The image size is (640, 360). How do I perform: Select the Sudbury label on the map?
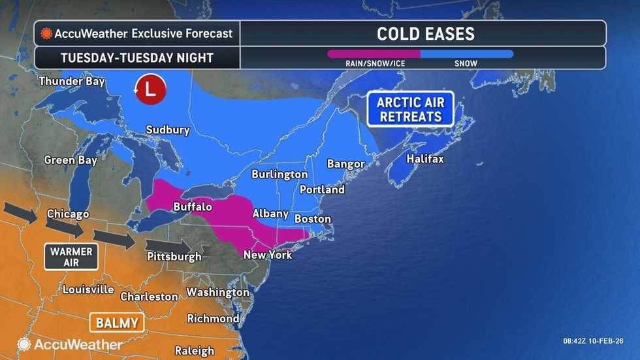[168, 129]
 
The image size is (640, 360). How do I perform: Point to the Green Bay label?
[71, 160]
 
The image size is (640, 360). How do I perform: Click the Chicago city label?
[68, 214]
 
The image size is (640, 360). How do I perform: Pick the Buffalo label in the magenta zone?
[192, 206]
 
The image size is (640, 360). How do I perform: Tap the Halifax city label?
[424, 159]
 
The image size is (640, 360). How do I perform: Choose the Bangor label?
[345, 163]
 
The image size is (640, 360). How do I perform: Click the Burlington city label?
[280, 174]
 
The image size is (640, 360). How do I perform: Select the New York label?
[268, 254]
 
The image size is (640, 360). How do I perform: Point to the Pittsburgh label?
[174, 256]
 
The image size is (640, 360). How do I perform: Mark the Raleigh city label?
[195, 351]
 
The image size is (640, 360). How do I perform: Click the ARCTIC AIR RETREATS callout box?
[410, 109]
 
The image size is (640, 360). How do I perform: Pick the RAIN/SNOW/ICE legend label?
[374, 63]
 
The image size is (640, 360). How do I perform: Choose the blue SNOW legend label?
[466, 63]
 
